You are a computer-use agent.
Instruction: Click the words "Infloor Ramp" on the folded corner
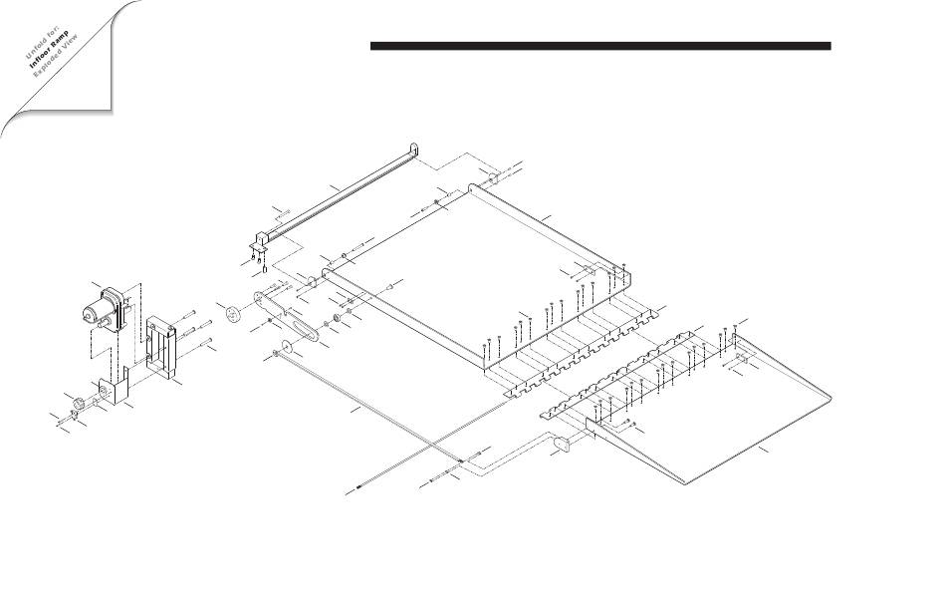49,48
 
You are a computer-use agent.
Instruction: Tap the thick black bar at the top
600,46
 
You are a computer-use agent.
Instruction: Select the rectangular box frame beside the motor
161,348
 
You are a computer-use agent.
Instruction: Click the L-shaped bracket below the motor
115,387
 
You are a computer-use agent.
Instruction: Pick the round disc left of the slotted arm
232,314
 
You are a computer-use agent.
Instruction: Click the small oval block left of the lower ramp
563,444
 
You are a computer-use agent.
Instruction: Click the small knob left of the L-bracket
79,404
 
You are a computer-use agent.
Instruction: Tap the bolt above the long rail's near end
284,212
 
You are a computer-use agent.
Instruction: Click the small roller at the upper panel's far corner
492,177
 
